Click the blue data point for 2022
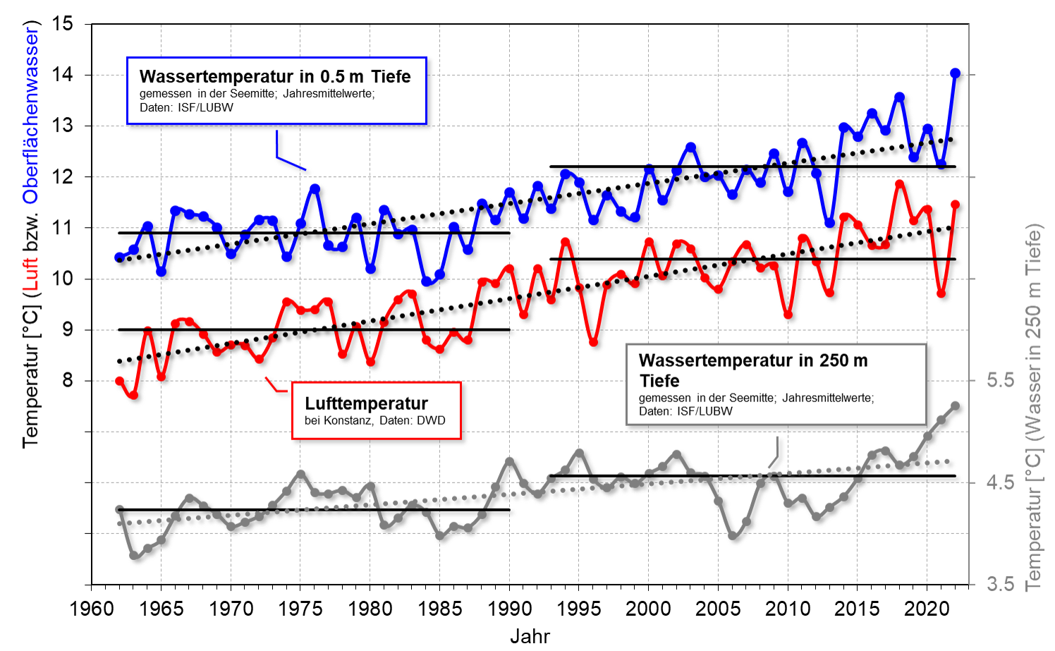pyautogui.click(x=955, y=73)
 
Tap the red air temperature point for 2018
pyautogui.click(x=899, y=184)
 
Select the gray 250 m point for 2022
pyautogui.click(x=955, y=406)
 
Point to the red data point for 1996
pyautogui.click(x=593, y=342)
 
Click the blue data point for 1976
pyautogui.click(x=315, y=189)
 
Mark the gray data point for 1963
pyautogui.click(x=133, y=555)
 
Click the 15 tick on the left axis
pyautogui.click(x=63, y=24)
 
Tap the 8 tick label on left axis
pyautogui.click(x=68, y=381)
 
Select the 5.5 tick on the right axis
pyautogui.click(x=1000, y=381)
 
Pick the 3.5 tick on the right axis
pyautogui.click(x=1000, y=584)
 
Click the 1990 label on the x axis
pyautogui.click(x=509, y=609)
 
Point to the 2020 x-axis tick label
pyautogui.click(x=927, y=609)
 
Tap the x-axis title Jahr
pyautogui.click(x=530, y=636)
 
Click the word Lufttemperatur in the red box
pyautogui.click(x=366, y=403)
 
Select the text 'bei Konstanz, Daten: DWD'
pyautogui.click(x=374, y=421)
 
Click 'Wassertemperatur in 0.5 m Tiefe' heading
pyautogui.click(x=275, y=76)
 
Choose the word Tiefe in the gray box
pyautogui.click(x=659, y=382)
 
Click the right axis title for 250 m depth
pyautogui.click(x=1032, y=407)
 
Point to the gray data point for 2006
pyautogui.click(x=732, y=536)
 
